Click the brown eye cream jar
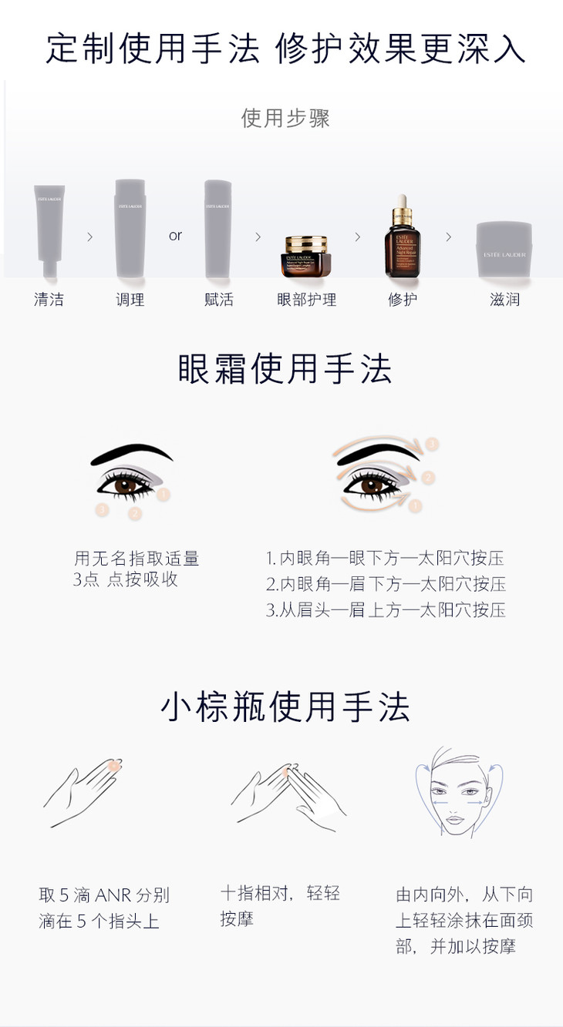pyautogui.click(x=306, y=257)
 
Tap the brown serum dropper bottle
pyautogui.click(x=403, y=237)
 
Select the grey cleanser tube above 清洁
pyautogui.click(x=49, y=230)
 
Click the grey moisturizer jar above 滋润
pyautogui.click(x=504, y=250)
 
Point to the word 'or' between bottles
pyautogui.click(x=175, y=236)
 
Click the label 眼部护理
pyautogui.click(x=306, y=300)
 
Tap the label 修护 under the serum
pyautogui.click(x=403, y=300)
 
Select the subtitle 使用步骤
pyautogui.click(x=285, y=118)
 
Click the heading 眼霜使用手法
pyautogui.click(x=285, y=369)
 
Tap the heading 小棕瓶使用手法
pyautogui.click(x=285, y=706)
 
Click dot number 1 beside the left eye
pyautogui.click(x=164, y=495)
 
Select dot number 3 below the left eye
pyautogui.click(x=102, y=509)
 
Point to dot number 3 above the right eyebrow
pyautogui.click(x=431, y=444)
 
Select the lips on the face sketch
pyautogui.click(x=455, y=819)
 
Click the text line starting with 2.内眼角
pyautogui.click(x=386, y=584)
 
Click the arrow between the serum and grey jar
pyautogui.click(x=449, y=237)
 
